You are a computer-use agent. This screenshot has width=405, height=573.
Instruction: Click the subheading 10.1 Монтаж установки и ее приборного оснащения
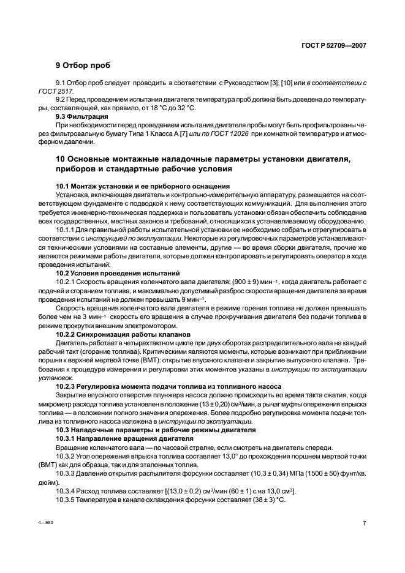(x=143, y=185)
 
